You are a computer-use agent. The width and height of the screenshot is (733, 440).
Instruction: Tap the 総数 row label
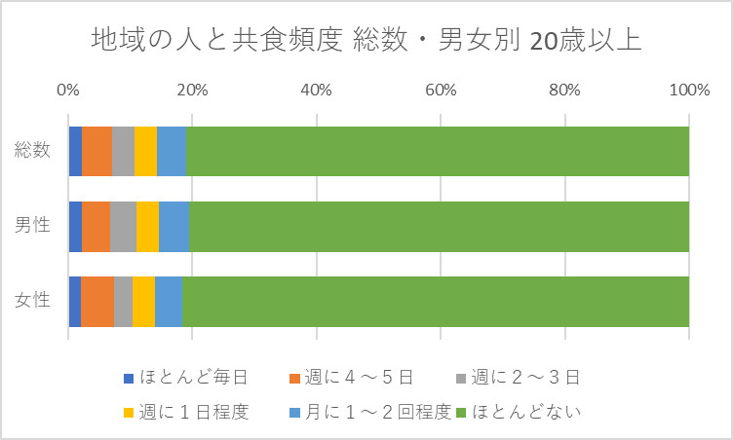[x=33, y=151]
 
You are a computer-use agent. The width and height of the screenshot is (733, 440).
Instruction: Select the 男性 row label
[x=33, y=226]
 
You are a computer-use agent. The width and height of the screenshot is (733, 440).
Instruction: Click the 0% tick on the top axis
[x=68, y=91]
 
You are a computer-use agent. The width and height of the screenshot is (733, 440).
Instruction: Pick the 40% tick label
[x=316, y=91]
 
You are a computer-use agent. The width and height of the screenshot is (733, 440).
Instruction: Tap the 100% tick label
[x=688, y=91]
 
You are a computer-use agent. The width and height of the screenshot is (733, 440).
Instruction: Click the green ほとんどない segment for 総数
[x=437, y=151]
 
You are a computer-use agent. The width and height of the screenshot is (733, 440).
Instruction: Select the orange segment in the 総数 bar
[x=96, y=151]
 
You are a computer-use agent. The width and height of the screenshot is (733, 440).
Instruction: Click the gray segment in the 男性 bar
[x=123, y=226]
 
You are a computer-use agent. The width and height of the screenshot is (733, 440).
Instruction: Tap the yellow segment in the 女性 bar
[x=143, y=301]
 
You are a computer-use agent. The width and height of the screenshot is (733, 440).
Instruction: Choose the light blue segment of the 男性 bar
[x=174, y=226]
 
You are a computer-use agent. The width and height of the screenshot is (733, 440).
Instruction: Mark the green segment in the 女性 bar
[x=436, y=301]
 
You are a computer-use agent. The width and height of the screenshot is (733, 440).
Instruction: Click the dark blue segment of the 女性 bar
[x=74, y=301]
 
